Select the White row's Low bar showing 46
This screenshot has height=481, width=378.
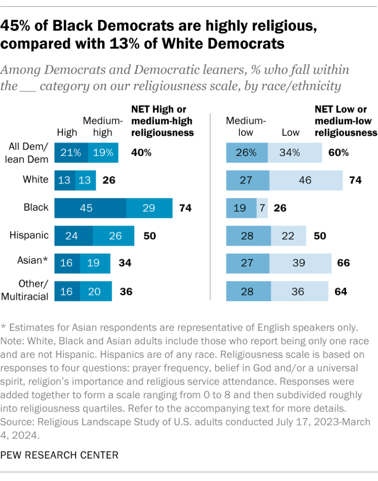306,180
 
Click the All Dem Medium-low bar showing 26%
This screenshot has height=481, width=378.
247,153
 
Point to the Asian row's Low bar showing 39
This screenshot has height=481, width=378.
299,263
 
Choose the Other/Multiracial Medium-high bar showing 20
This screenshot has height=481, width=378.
96,291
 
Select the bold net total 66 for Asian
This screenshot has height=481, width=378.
344,263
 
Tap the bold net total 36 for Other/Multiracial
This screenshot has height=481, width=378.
126,291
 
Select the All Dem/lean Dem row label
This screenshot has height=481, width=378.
29,153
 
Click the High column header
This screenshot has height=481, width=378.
67,132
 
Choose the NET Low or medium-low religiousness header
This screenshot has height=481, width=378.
346,121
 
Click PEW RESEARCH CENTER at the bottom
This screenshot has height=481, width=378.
60,455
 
